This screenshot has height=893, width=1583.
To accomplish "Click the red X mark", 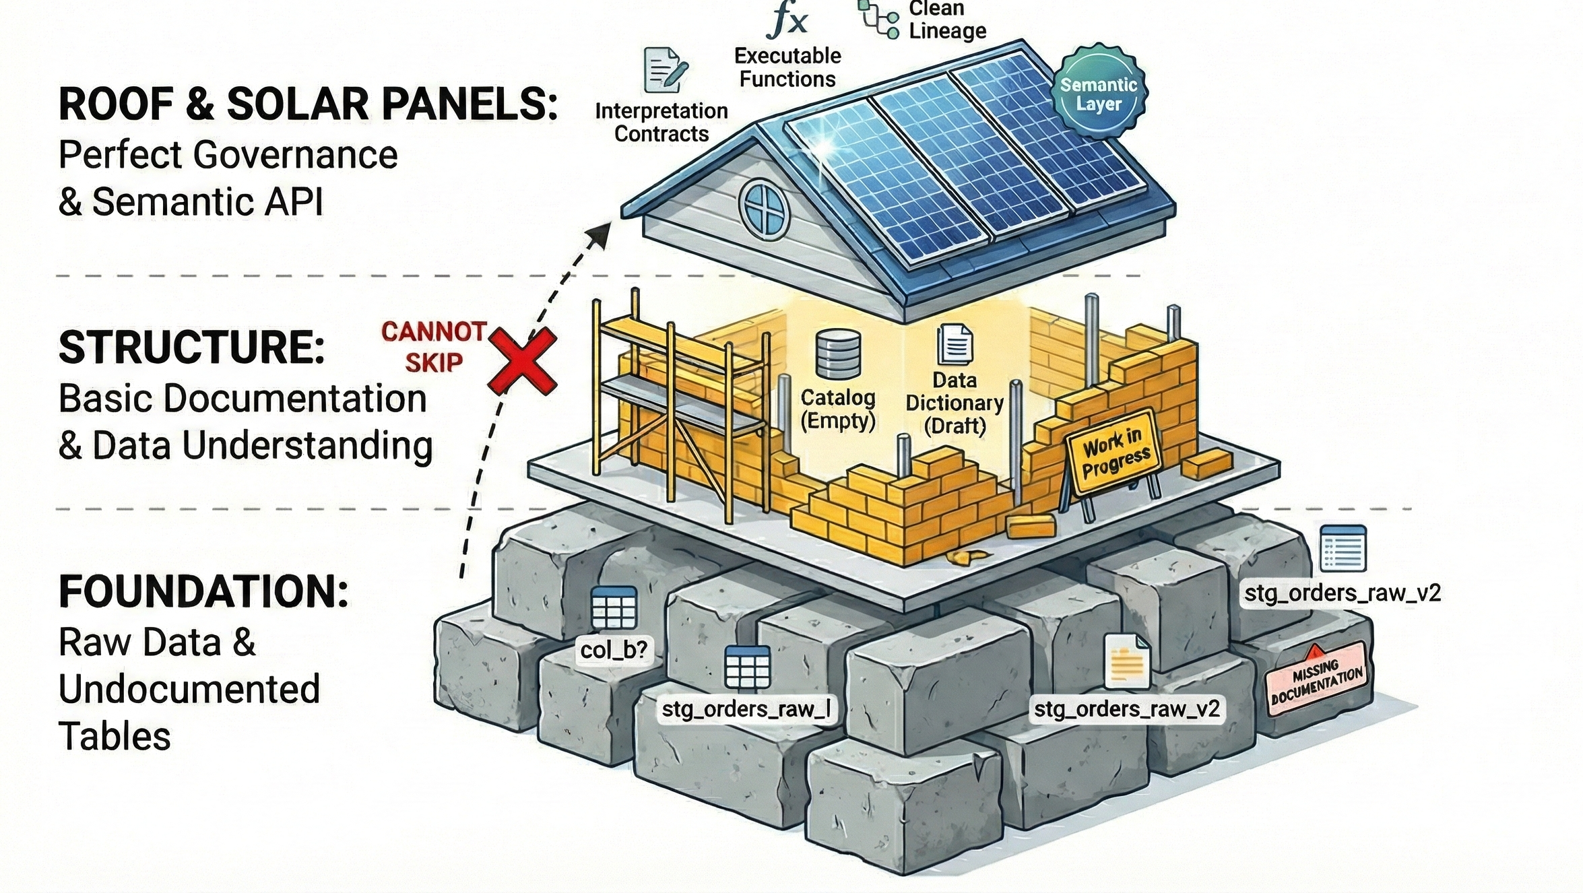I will [x=522, y=360].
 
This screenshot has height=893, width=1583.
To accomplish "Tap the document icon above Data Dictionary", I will [x=955, y=344].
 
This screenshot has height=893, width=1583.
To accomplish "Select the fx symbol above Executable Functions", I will [x=787, y=21].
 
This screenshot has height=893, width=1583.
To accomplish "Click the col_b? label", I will [x=614, y=649].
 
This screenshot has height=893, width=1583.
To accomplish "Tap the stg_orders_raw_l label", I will [x=746, y=708].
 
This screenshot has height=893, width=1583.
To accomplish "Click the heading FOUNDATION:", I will [x=203, y=592].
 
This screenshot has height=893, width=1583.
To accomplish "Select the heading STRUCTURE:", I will [x=191, y=348].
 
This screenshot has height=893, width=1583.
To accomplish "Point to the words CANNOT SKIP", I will [x=434, y=347].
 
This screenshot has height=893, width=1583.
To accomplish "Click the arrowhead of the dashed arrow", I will [x=600, y=236].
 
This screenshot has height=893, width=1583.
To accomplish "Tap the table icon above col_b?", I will [x=613, y=607].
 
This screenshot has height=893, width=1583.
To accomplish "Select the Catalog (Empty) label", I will [x=837, y=409].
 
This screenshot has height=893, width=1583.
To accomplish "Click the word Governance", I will [x=295, y=155].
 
